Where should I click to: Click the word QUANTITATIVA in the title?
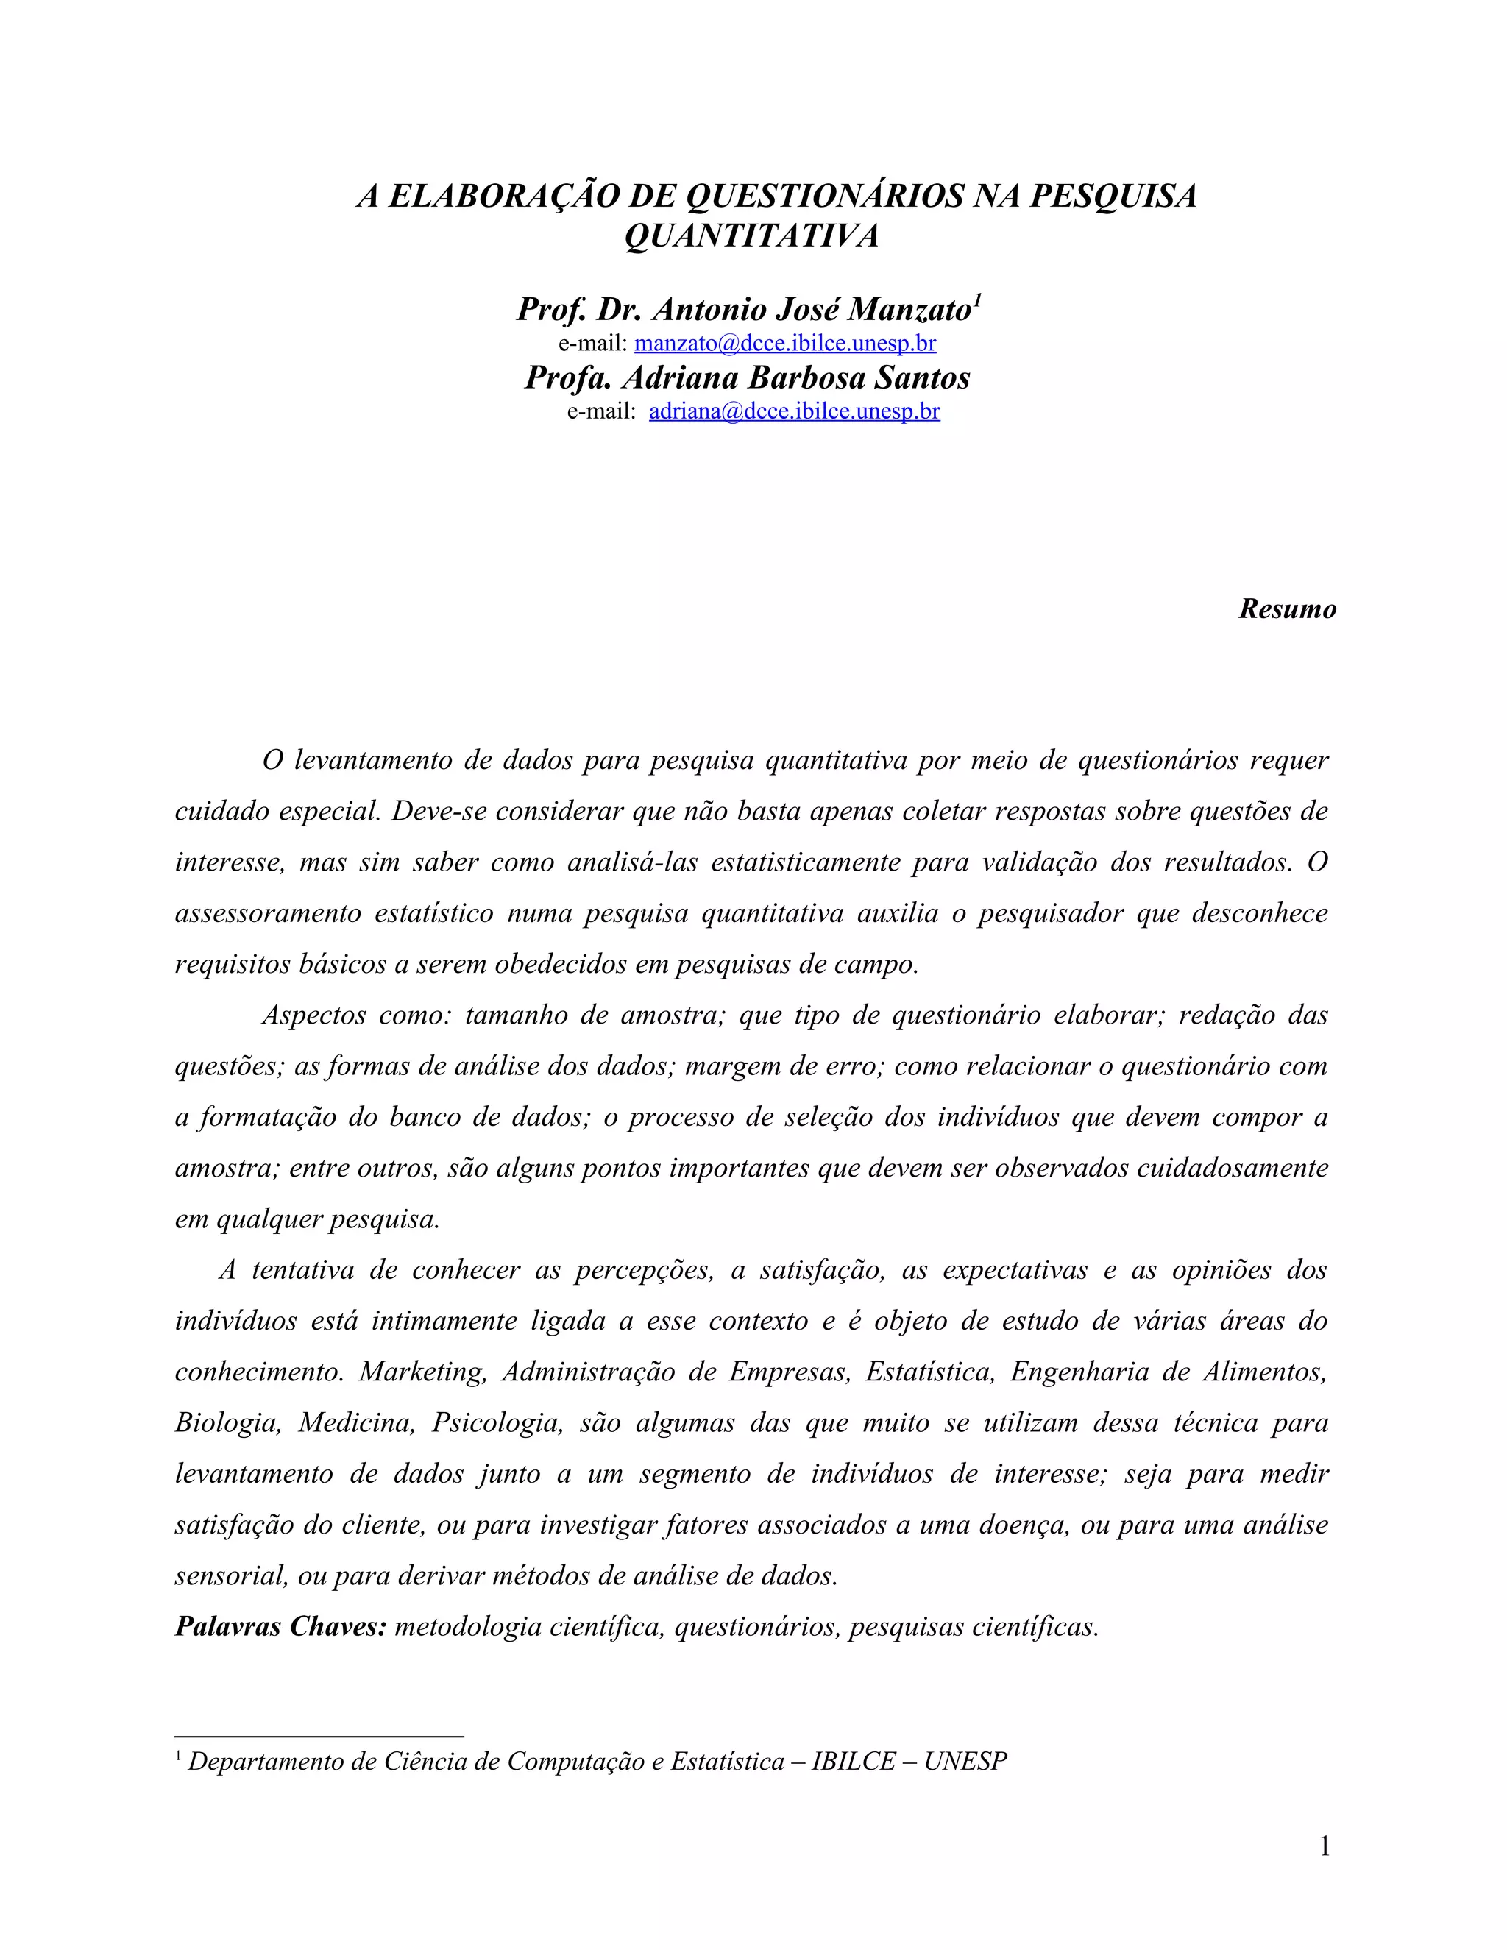click(x=752, y=235)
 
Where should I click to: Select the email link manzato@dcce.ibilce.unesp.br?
click(x=784, y=343)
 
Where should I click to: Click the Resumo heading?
click(x=1286, y=609)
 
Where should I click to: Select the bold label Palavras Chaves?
click(x=280, y=1627)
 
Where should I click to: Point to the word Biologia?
click(x=227, y=1422)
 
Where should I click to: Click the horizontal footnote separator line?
click(x=319, y=1737)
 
